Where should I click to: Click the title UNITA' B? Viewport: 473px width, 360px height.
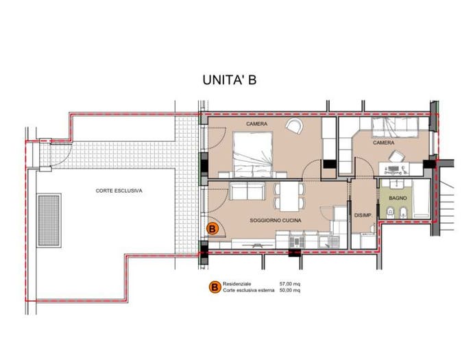[229, 80]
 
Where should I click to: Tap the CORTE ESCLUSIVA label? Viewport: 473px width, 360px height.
[119, 191]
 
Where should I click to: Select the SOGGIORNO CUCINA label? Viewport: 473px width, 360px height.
[276, 221]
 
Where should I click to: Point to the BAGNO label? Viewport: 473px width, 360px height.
[398, 198]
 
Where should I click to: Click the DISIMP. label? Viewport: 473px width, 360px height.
[363, 215]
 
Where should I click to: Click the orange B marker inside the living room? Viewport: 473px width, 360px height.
[212, 229]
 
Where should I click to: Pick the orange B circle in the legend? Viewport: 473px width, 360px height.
[215, 287]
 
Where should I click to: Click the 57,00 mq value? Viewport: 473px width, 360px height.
[289, 284]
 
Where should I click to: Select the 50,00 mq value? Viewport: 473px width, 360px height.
[289, 290]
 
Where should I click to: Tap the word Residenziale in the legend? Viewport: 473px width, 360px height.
[236, 284]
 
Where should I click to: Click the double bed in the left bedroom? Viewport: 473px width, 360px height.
[253, 154]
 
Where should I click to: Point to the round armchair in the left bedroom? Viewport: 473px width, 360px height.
[294, 126]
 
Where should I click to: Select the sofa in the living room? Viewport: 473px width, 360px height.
[247, 191]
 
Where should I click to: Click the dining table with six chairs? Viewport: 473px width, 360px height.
[289, 196]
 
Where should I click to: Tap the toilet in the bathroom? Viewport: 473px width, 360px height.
[390, 212]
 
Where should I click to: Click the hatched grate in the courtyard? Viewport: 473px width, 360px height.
[49, 221]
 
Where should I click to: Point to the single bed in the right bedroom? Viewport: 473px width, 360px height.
[395, 127]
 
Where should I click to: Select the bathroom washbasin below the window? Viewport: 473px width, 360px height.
[395, 184]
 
